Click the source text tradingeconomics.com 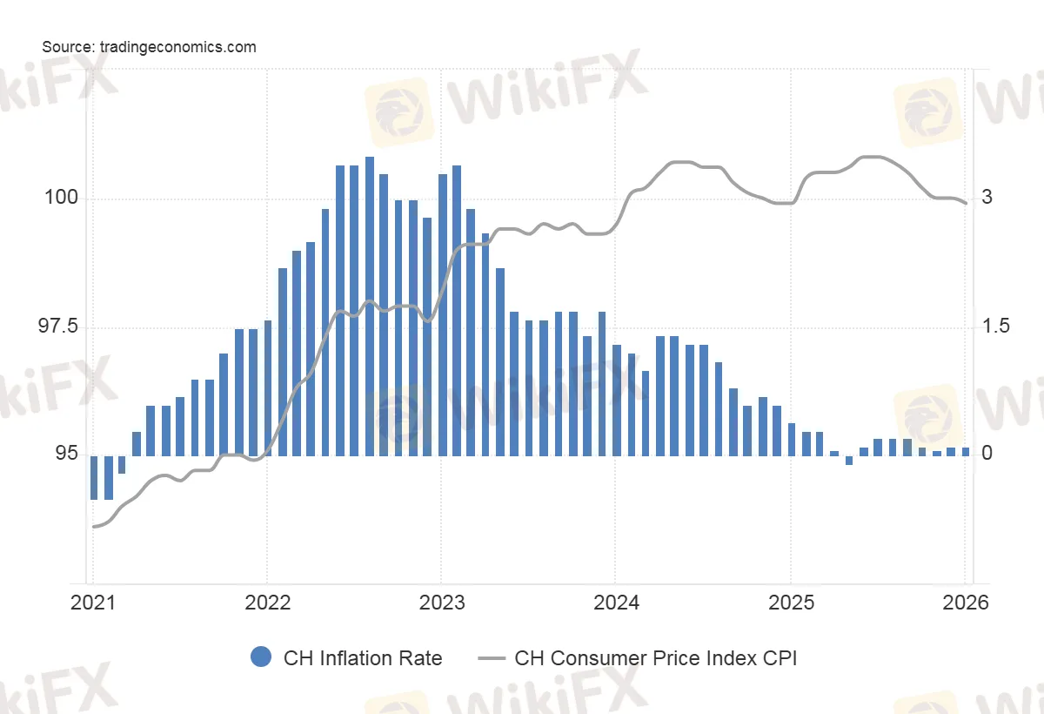(x=149, y=47)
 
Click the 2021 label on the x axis (x=93, y=602)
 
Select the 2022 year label (x=267, y=602)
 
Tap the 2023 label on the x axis (x=441, y=602)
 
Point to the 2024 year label (x=615, y=602)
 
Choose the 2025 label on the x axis (x=790, y=602)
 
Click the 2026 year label (x=965, y=602)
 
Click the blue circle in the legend (x=261, y=657)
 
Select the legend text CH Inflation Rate (x=363, y=658)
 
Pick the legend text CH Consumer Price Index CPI (x=656, y=658)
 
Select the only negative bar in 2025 (x=849, y=460)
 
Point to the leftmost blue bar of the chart (x=94, y=477)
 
